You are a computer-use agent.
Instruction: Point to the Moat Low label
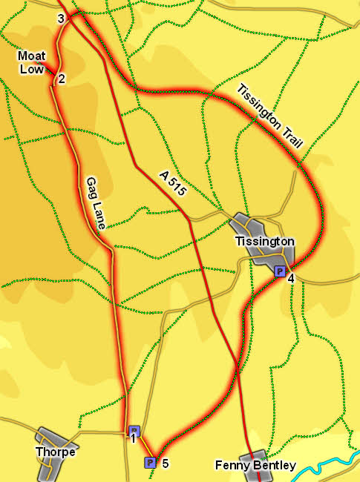pyautogui.click(x=33, y=62)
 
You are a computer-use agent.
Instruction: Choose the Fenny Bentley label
pyautogui.click(x=255, y=466)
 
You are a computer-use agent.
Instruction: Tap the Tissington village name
pyautogui.click(x=265, y=242)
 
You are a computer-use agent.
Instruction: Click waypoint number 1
pyautogui.click(x=133, y=439)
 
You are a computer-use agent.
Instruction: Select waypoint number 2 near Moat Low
pyautogui.click(x=62, y=79)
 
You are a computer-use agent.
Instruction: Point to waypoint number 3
pyautogui.click(x=61, y=19)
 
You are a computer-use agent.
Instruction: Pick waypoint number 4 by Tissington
pyautogui.click(x=291, y=278)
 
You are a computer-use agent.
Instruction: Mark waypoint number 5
pyautogui.click(x=165, y=463)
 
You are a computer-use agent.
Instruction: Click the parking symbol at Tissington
pyautogui.click(x=279, y=271)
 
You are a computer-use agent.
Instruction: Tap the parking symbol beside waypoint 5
pyautogui.click(x=150, y=463)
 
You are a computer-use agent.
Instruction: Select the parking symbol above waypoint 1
pyautogui.click(x=134, y=430)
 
